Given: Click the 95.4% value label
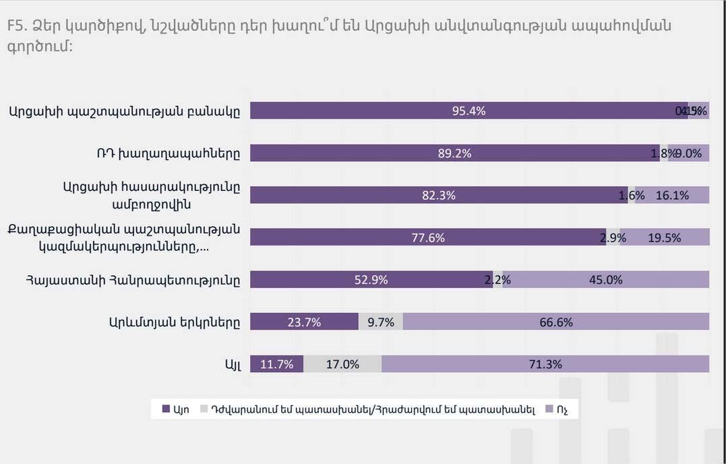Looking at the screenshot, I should click(469, 111).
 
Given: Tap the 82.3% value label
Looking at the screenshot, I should click(439, 196).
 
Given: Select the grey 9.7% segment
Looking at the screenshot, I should click(381, 322).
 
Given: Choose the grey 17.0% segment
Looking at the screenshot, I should click(342, 364).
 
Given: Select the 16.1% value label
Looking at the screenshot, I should click(672, 196).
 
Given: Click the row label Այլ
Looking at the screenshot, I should click(232, 364).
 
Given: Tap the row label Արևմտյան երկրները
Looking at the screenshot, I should click(174, 322).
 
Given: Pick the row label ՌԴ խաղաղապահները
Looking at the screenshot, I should click(168, 153).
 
